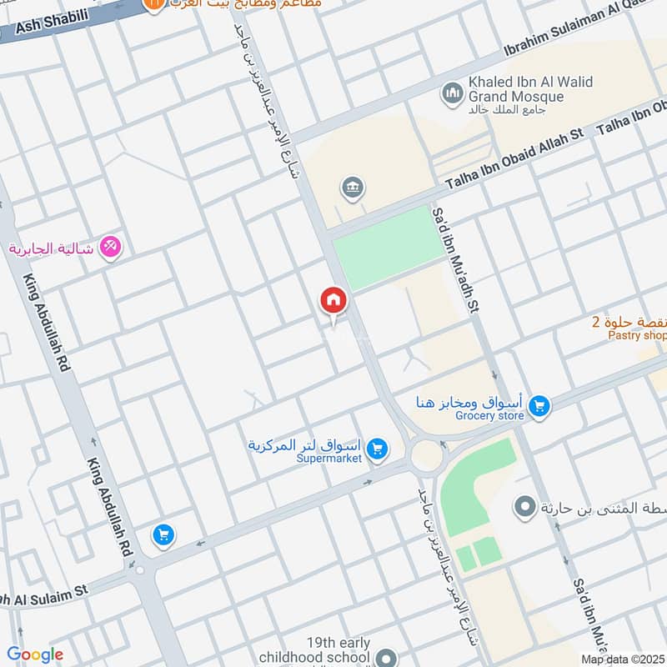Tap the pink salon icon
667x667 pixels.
(x=110, y=248)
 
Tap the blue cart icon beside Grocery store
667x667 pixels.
(x=539, y=406)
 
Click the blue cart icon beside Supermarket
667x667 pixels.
(x=377, y=449)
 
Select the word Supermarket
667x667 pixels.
(x=328, y=459)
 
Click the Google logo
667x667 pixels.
(x=35, y=654)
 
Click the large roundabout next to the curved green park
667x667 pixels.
(x=427, y=454)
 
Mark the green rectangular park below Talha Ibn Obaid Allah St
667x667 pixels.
(x=389, y=248)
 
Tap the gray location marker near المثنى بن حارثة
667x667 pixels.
(x=524, y=506)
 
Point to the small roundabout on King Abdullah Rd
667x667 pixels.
(x=139, y=571)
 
